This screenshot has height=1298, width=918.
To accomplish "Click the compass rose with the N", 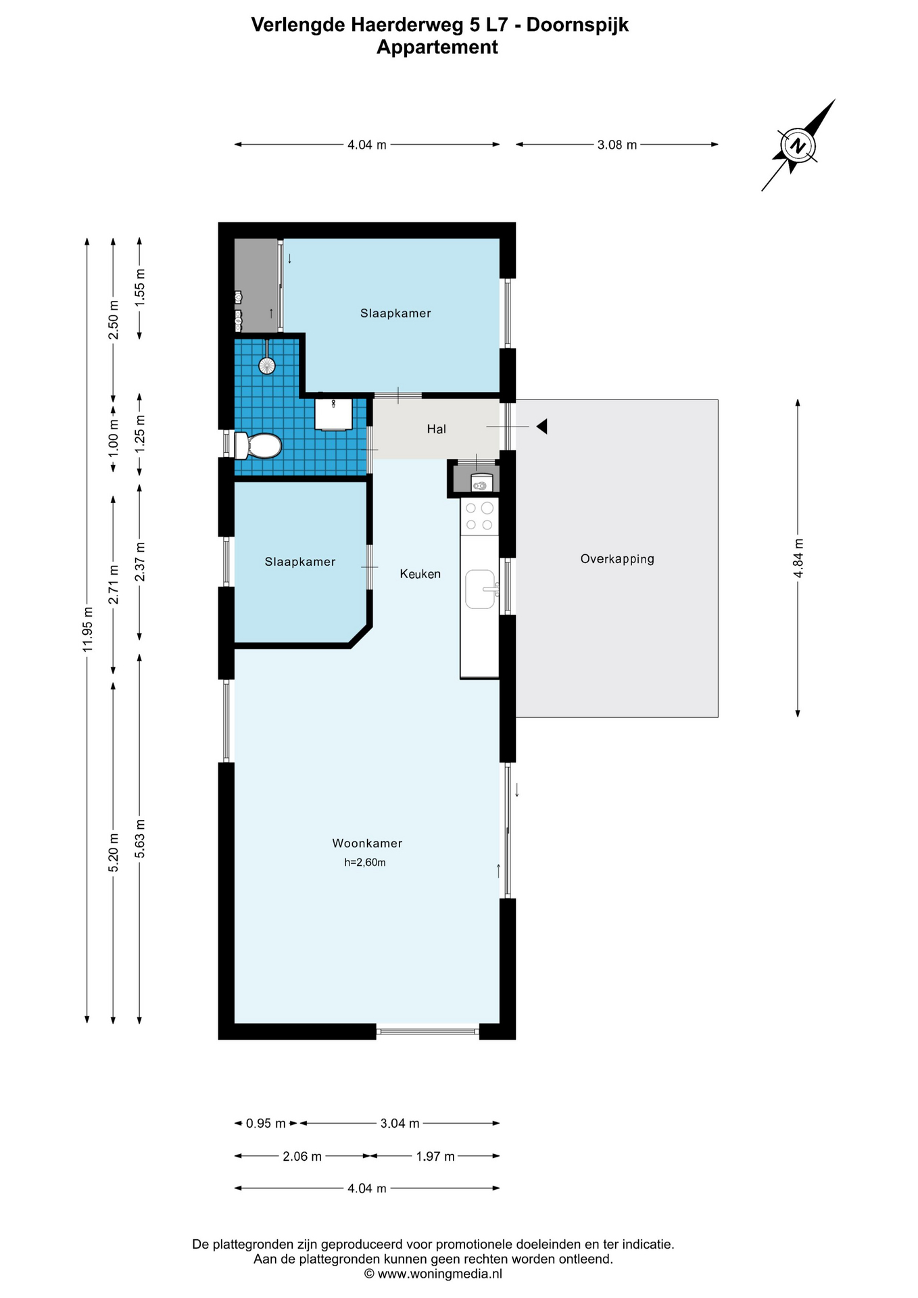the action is (x=798, y=145).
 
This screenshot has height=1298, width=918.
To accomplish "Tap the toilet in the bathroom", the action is (x=258, y=446).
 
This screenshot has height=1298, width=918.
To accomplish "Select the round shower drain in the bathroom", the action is (x=267, y=366).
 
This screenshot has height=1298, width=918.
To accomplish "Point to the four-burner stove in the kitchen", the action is (x=480, y=516).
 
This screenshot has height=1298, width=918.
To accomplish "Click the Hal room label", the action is (x=437, y=429).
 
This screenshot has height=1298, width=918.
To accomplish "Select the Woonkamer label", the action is (x=367, y=843).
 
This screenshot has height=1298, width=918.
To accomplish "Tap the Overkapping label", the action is (x=617, y=559).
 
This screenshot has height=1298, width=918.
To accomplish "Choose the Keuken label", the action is (x=420, y=574).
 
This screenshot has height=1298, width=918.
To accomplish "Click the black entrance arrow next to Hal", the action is (x=541, y=427).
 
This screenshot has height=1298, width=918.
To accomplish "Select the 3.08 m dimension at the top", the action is (x=617, y=145).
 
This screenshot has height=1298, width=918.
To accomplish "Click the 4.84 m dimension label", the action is (x=798, y=558).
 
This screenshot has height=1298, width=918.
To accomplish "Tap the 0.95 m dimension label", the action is (x=266, y=1124).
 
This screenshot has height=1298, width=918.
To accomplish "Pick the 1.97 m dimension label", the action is (x=435, y=1157).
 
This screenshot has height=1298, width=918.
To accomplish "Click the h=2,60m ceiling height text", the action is (x=365, y=863).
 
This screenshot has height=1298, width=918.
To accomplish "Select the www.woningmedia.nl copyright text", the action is (x=433, y=1274).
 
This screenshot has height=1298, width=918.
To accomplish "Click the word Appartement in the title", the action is (x=437, y=47).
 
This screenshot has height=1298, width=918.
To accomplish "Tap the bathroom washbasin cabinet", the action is (x=333, y=414).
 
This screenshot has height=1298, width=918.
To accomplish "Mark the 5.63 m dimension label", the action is (x=140, y=839).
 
